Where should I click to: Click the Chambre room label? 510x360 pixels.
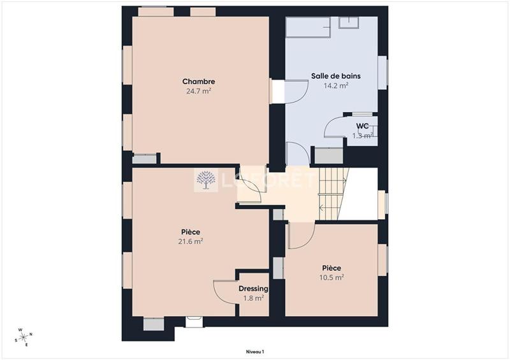[x=198, y=82]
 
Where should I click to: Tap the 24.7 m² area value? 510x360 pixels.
[x=198, y=91]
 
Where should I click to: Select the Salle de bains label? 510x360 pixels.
[x=335, y=76]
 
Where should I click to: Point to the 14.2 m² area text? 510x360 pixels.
[x=335, y=85]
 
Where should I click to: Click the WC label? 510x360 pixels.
[x=362, y=126]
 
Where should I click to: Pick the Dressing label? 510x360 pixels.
[x=253, y=289]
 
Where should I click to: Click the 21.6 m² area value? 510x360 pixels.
[x=191, y=241]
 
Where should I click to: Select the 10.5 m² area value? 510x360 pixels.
[x=331, y=277]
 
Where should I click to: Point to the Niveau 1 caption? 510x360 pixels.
[x=254, y=351]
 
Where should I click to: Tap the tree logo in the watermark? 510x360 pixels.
[x=205, y=180]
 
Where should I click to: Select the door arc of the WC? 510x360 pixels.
[x=335, y=127]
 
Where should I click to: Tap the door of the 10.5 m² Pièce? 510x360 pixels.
[x=297, y=236]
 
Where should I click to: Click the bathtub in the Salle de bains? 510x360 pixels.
[x=308, y=29]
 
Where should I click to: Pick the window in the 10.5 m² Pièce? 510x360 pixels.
[x=382, y=260]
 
